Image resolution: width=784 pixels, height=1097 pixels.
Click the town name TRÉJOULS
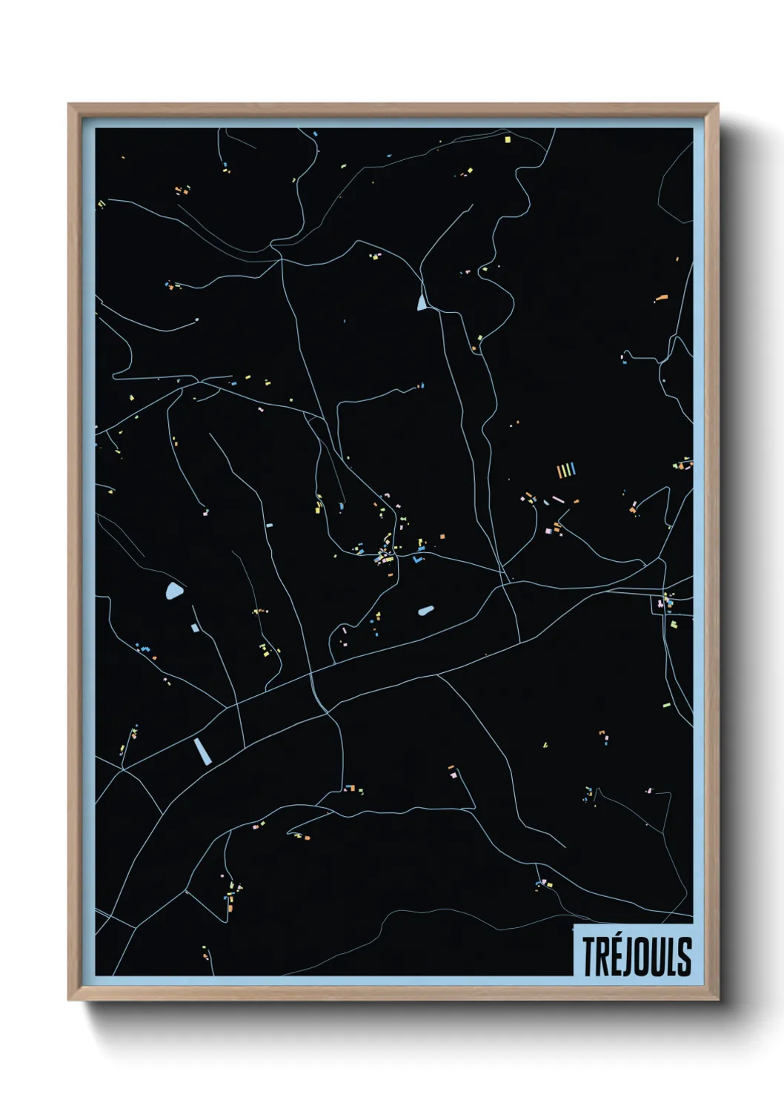636,956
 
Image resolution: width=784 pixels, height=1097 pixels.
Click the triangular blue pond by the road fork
422,302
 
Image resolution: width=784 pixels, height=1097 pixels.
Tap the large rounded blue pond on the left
174,591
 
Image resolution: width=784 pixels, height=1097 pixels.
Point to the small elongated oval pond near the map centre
425,611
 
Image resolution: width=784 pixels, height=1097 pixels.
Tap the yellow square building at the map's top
508,139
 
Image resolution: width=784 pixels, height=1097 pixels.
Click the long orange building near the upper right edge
662,297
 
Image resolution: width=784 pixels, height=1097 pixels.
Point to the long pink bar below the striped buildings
558,500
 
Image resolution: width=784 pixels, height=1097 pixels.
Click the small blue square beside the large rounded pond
194,628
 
